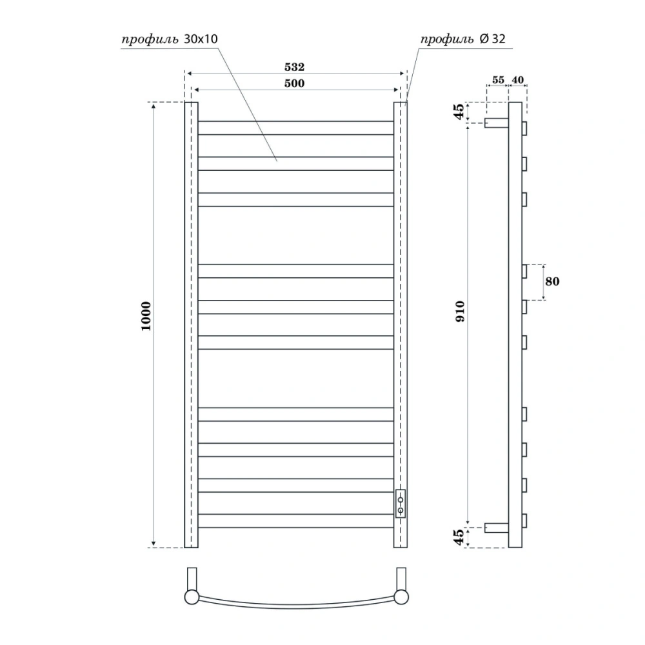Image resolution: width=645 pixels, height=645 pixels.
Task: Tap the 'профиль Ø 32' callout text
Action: (463, 39)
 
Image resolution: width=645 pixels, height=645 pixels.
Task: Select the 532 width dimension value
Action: (295, 66)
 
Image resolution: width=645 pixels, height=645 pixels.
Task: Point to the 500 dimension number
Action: (295, 83)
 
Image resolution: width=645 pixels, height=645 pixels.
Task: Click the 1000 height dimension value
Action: (146, 315)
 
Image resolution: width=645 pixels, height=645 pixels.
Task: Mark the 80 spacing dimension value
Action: (552, 282)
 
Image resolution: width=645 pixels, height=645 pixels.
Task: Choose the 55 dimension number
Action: (497, 80)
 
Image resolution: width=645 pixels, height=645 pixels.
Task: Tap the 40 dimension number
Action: (518, 80)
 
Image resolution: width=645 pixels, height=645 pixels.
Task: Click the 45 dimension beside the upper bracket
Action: (459, 112)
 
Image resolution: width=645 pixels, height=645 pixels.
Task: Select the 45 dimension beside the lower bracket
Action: (459, 537)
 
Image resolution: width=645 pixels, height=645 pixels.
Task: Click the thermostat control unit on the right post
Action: (401, 503)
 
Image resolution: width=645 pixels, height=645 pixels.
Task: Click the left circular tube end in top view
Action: (192, 597)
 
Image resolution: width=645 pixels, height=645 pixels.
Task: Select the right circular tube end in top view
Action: (401, 597)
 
